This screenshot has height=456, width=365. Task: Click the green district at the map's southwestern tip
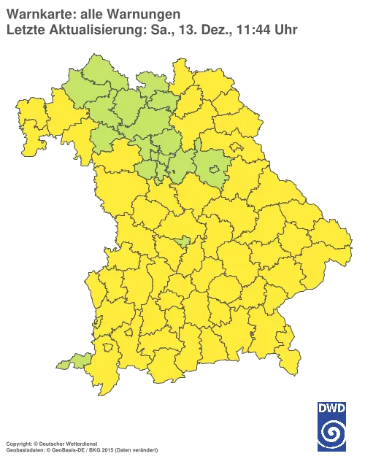coord(75,360)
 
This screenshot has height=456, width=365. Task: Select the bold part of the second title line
coord(92,29)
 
